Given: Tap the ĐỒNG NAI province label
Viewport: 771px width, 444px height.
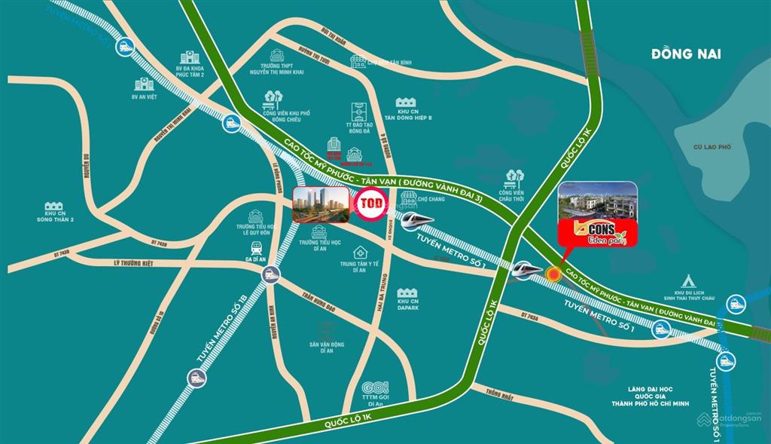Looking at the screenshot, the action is tap(686, 54).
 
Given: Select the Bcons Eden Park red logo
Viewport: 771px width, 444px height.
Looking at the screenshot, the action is tap(597, 233).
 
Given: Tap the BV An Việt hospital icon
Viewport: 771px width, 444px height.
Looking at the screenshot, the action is tap(143, 84).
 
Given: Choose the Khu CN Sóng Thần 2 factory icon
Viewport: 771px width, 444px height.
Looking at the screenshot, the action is tap(53, 207).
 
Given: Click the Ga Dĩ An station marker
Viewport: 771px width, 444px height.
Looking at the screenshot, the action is tap(270, 277).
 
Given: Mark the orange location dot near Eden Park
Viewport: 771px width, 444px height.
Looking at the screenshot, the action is tap(555, 274).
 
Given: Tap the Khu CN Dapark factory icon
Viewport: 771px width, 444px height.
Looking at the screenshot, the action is tap(408, 292).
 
